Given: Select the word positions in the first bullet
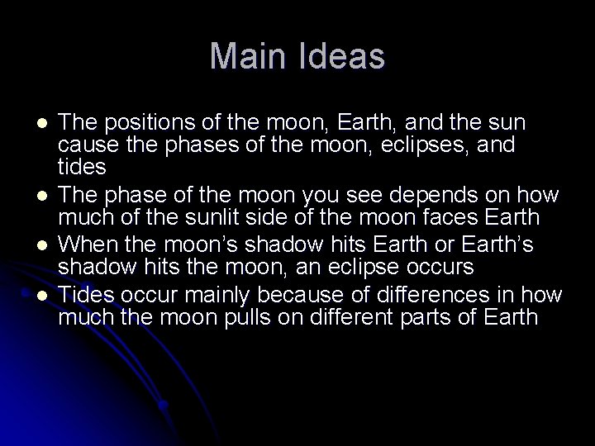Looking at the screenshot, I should [137, 122].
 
